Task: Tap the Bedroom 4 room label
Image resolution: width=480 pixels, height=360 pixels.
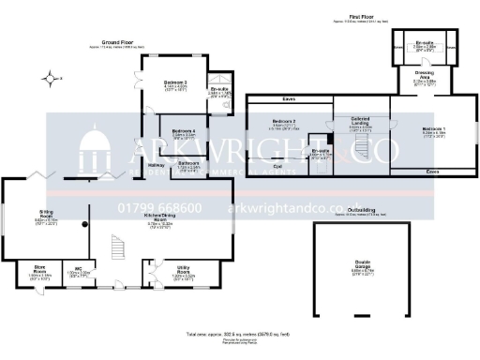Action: (184, 130)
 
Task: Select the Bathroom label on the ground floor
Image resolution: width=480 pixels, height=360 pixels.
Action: (187, 164)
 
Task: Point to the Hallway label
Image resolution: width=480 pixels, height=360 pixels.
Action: (156, 166)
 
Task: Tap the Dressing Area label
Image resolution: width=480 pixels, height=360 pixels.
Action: (426, 77)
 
